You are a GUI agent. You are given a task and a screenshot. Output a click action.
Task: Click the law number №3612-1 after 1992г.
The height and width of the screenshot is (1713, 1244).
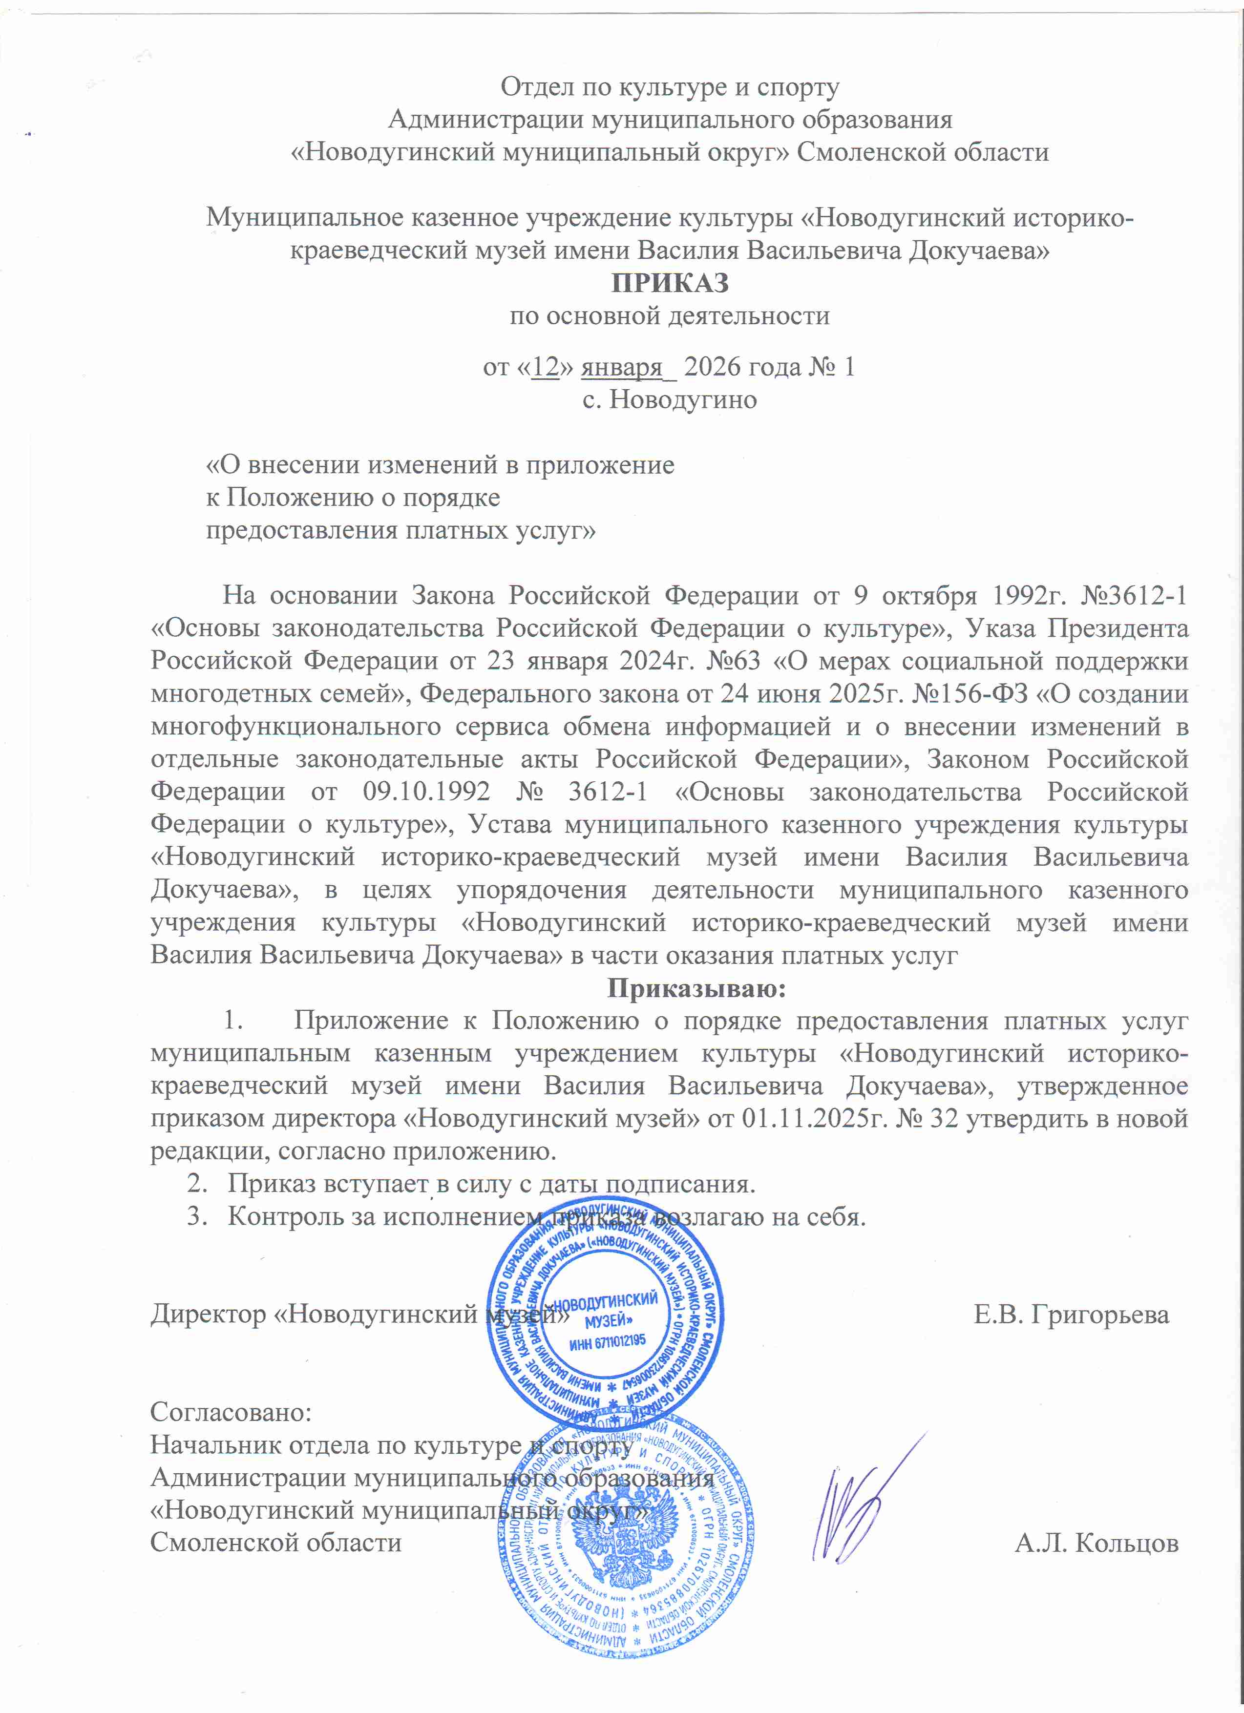[x=1135, y=596]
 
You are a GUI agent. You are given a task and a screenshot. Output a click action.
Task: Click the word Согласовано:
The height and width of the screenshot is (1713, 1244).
[x=231, y=1411]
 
